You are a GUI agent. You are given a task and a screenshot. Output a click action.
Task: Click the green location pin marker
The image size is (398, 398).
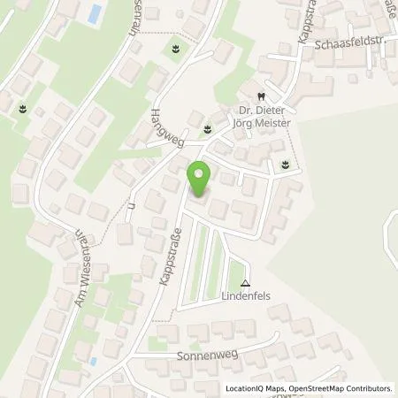200,180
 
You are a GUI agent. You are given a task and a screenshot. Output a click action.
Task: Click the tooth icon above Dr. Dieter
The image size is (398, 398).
261,96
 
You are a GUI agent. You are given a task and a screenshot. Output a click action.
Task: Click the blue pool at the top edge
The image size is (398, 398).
93,13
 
